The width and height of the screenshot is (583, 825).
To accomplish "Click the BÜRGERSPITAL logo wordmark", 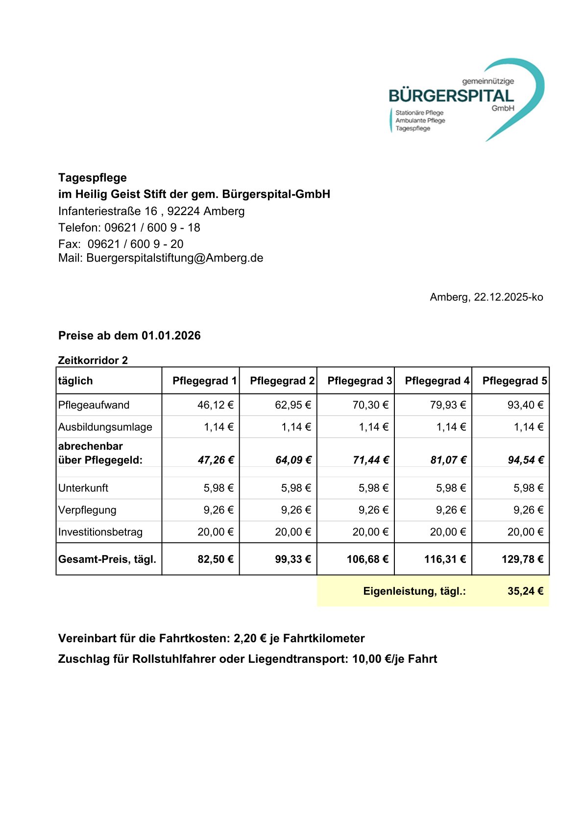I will tap(451, 96).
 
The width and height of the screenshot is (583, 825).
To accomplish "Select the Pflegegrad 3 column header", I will tap(360, 381).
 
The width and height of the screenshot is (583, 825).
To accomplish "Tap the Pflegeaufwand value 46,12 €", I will tap(216, 405).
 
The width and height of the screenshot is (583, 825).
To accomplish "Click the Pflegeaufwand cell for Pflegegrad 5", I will tap(525, 405).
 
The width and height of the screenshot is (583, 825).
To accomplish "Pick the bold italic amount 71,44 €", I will tap(370, 460).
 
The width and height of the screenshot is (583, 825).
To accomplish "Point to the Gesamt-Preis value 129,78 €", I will tap(522, 559).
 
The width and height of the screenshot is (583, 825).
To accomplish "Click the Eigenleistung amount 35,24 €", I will tap(525, 591).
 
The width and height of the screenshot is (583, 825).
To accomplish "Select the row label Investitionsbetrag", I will tap(100, 532).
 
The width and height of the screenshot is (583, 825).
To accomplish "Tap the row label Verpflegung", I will tap(87, 510).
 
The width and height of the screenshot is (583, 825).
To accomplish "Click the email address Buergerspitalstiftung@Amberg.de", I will tap(175, 258).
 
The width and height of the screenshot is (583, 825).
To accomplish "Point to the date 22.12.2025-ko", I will tap(508, 297).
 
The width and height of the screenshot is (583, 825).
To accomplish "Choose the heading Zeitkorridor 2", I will tap(93, 361).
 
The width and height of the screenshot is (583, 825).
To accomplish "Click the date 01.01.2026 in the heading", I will tap(171, 336).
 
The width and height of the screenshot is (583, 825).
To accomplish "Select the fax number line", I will tap(121, 244).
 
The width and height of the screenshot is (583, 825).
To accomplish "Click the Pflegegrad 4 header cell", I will tap(437, 381).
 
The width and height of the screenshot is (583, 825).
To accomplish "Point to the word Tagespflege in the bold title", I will tap(93, 178).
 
